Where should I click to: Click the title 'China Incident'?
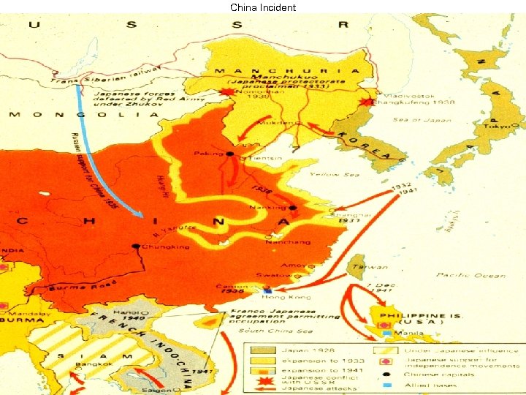pos(263,7)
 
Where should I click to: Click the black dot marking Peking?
pos(229,154)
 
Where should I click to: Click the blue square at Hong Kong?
pos(267,290)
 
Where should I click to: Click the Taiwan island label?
pos(359,267)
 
